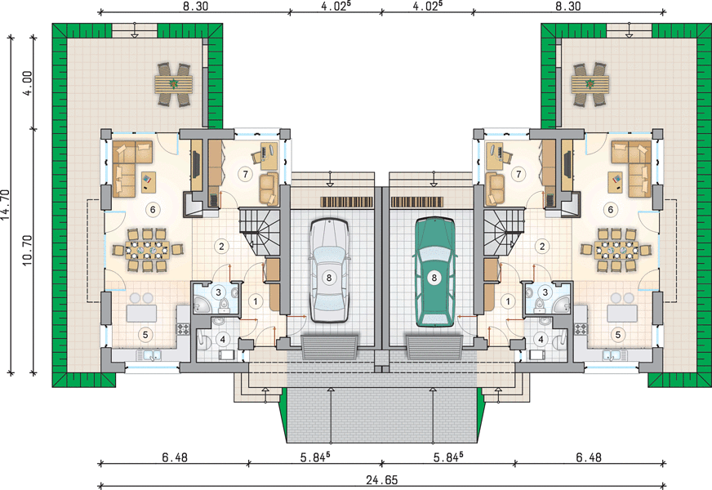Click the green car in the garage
point(434,272)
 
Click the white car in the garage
point(329,270)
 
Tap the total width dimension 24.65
point(382,479)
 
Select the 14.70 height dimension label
point(6,205)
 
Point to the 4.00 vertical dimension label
point(28,83)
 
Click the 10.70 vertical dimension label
point(27,250)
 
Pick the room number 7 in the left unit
point(245,174)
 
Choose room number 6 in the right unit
point(610,209)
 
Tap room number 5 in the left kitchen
point(145,335)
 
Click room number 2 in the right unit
point(541,247)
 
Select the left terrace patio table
point(173,84)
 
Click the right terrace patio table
point(590,84)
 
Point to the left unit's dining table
point(147,249)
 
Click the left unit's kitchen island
point(141,313)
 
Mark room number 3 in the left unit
point(218,292)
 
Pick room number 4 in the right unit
point(541,339)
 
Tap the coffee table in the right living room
point(616,180)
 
